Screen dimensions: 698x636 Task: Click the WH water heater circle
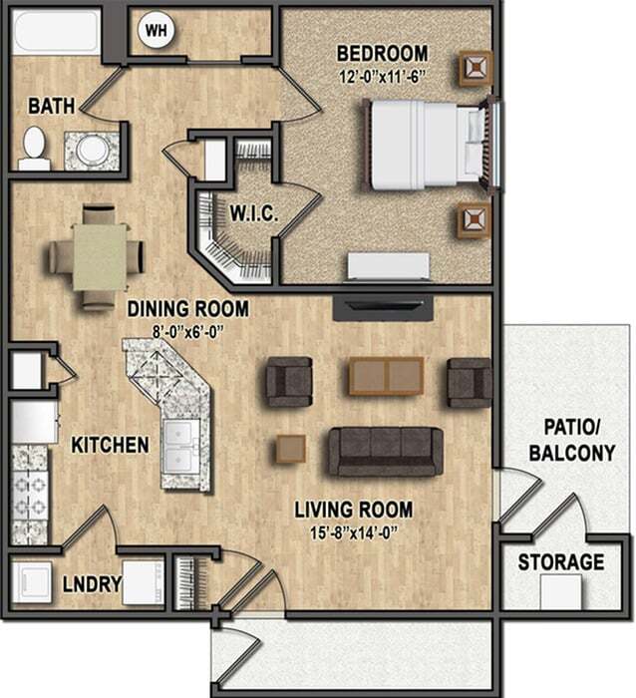click(157, 30)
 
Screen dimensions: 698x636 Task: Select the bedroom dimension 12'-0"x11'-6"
click(382, 73)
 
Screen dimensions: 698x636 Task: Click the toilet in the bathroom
click(34, 148)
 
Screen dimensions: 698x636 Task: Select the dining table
click(100, 255)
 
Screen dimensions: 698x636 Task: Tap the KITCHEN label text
click(110, 445)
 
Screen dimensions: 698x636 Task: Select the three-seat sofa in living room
click(385, 450)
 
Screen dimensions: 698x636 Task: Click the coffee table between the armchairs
click(386, 376)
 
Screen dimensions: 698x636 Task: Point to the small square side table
click(290, 449)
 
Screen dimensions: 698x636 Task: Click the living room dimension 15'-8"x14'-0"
click(353, 531)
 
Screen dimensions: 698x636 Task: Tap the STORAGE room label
click(560, 562)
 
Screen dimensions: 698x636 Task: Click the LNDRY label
click(92, 584)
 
